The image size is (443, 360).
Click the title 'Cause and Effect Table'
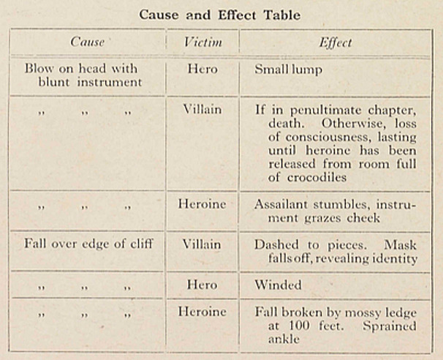(221, 15)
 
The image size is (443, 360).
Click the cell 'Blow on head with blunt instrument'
(81, 75)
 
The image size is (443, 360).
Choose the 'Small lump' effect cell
(288, 70)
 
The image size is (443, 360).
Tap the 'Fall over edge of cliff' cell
(88, 244)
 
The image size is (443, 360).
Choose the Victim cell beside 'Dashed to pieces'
(202, 244)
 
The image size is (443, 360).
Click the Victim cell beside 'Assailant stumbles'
(202, 204)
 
